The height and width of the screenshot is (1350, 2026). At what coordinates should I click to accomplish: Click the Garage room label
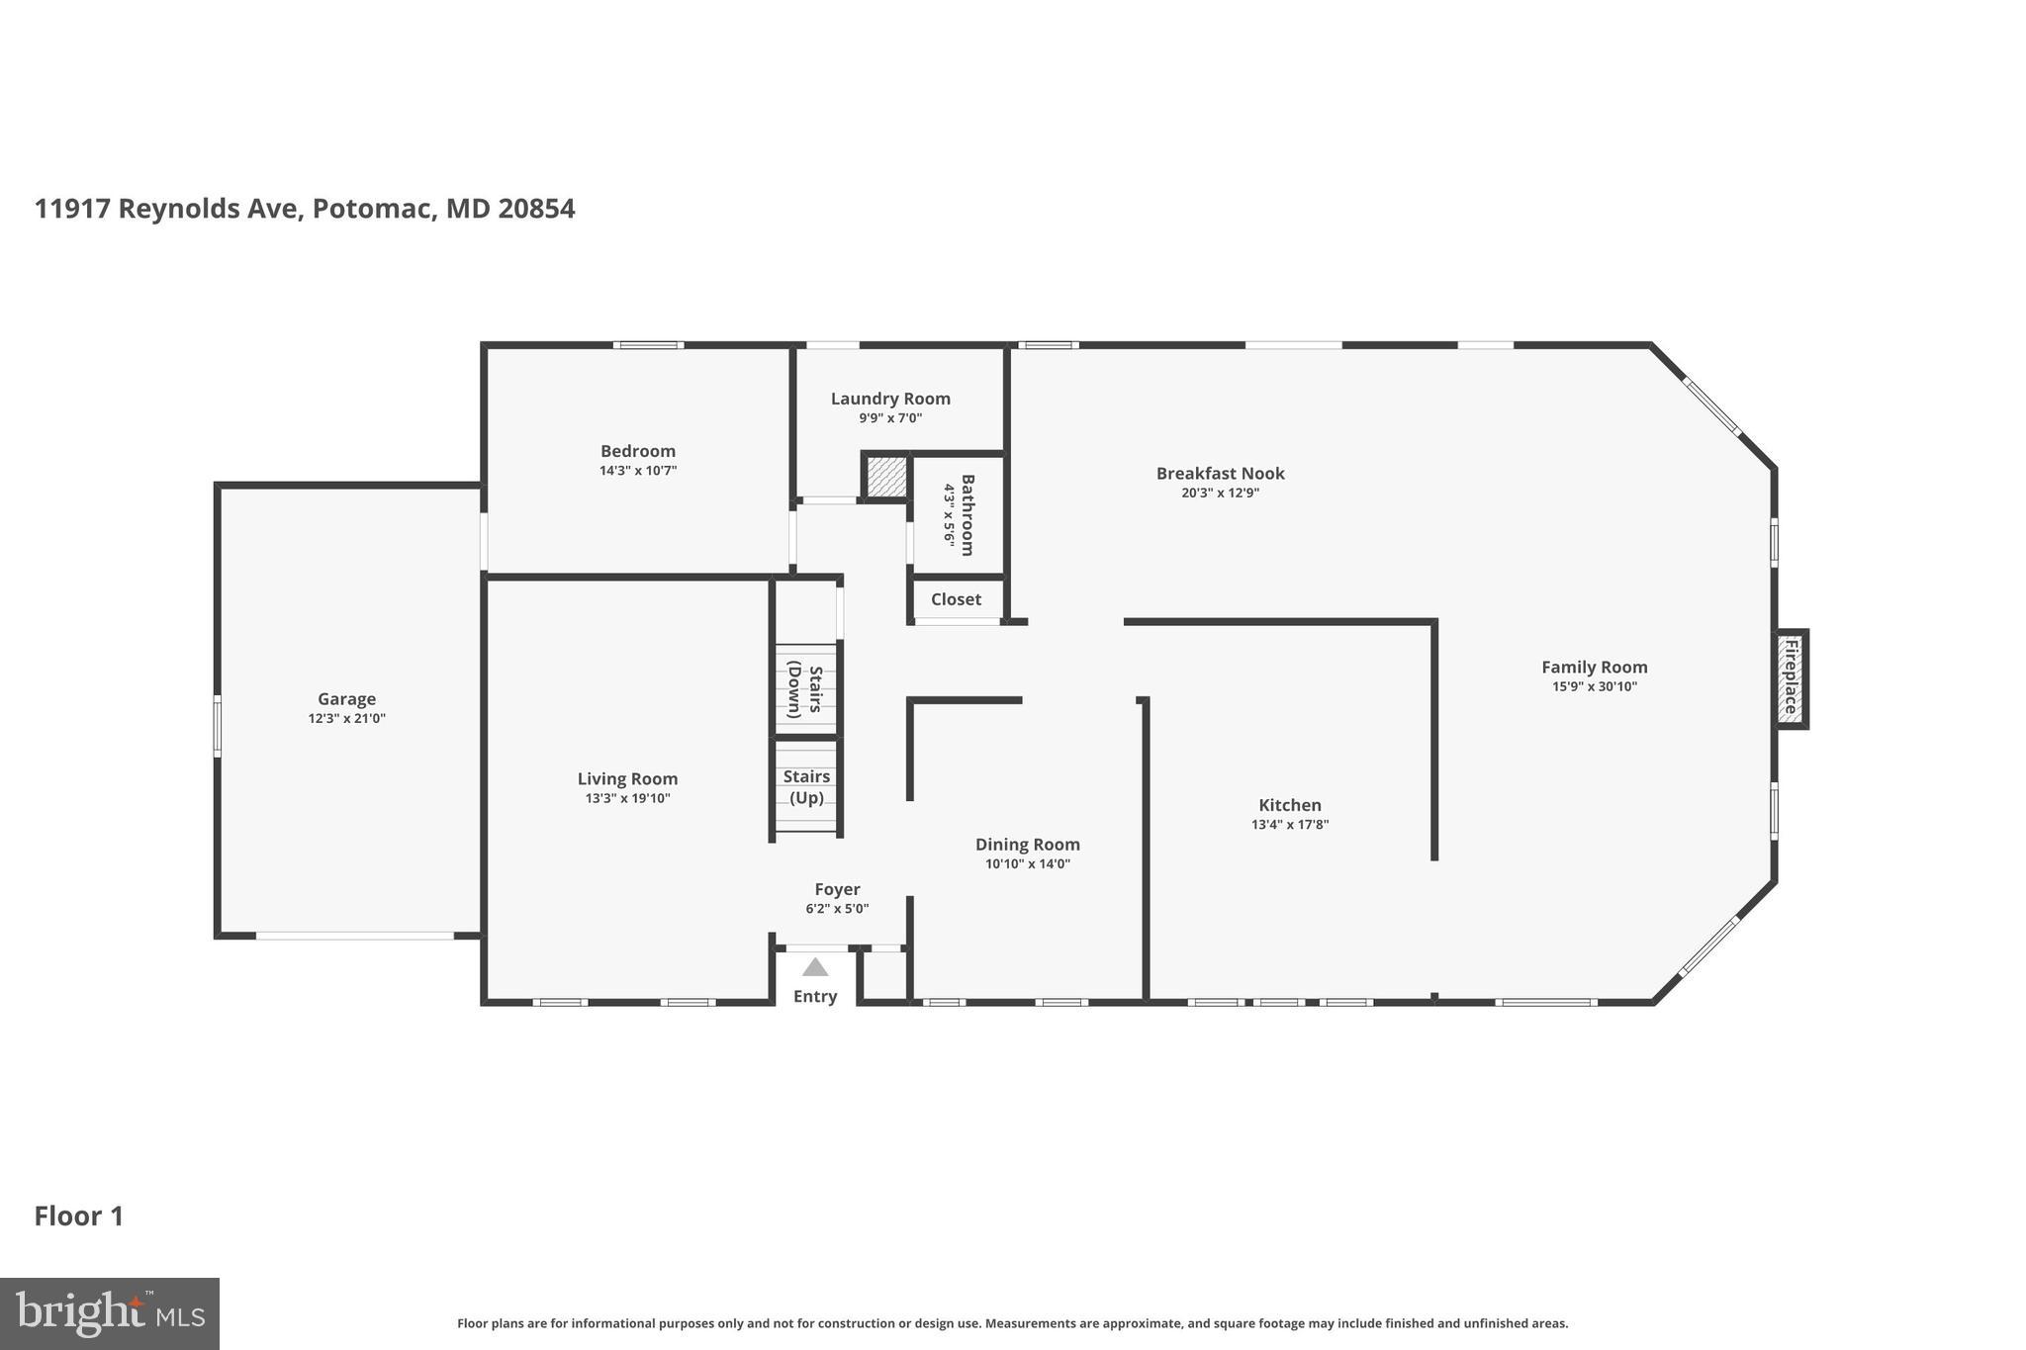pyautogui.click(x=346, y=699)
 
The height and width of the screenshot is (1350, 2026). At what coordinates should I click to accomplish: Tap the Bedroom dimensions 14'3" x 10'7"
pyautogui.click(x=638, y=471)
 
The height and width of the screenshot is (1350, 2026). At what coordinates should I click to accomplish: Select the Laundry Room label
pyautogui.click(x=890, y=399)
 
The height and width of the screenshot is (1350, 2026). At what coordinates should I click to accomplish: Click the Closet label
pyautogui.click(x=956, y=599)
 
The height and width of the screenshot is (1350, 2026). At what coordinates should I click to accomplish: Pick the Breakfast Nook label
pyautogui.click(x=1220, y=474)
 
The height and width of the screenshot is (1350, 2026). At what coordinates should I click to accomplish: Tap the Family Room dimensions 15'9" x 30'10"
pyautogui.click(x=1594, y=686)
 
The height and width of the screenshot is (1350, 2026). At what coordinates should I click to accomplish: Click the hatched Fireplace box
pyautogui.click(x=1790, y=678)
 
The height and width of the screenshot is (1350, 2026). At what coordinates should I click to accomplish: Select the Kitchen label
pyautogui.click(x=1289, y=805)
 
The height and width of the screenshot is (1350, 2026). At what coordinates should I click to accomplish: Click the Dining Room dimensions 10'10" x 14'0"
pyautogui.click(x=1027, y=863)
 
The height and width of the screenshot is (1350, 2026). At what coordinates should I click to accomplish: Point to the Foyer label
pyautogui.click(x=837, y=889)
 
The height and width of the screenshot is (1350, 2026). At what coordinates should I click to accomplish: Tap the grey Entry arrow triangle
pyautogui.click(x=815, y=967)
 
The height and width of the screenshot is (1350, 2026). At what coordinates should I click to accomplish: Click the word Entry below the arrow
pyautogui.click(x=815, y=996)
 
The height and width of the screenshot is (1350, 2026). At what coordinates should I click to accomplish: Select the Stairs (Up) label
pyautogui.click(x=806, y=787)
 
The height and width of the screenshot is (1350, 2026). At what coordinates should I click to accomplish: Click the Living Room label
pyautogui.click(x=627, y=779)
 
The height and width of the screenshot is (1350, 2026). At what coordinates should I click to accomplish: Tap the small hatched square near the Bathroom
pyautogui.click(x=886, y=477)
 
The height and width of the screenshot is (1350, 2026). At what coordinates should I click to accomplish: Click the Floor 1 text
pyautogui.click(x=79, y=1216)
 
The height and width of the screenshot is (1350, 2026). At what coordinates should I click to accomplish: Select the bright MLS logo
pyautogui.click(x=109, y=1314)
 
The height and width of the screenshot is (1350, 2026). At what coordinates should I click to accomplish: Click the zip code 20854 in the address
pyautogui.click(x=536, y=209)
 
